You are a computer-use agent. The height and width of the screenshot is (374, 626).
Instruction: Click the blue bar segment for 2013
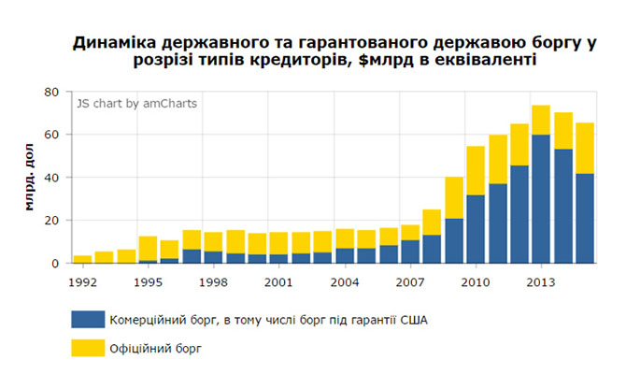(x=541, y=199)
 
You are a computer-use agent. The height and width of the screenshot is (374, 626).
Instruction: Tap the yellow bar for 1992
(x=82, y=259)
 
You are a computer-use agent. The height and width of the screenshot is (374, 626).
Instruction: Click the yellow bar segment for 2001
(x=278, y=243)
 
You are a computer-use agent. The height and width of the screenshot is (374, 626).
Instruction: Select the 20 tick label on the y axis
(x=52, y=221)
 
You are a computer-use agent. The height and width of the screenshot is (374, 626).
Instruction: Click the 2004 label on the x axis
(x=345, y=279)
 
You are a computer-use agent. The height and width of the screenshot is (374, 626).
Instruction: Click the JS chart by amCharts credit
(x=137, y=103)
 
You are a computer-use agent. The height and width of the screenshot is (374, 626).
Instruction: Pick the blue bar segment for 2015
(x=585, y=219)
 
